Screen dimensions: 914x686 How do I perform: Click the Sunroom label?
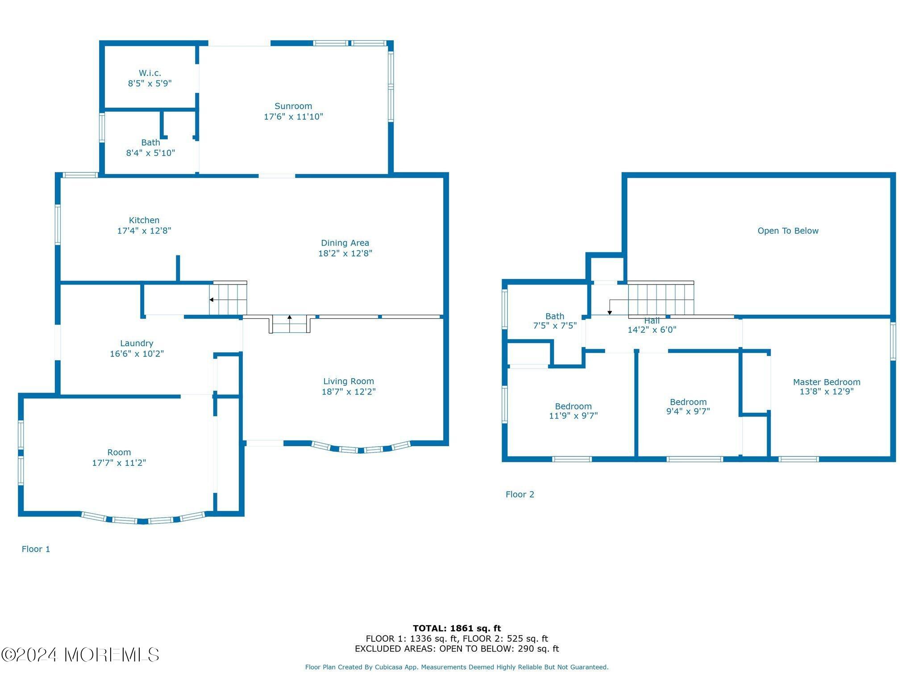(293, 106)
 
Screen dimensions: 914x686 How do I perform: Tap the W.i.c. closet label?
(150, 73)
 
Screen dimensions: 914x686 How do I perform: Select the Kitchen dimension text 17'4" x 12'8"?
(144, 231)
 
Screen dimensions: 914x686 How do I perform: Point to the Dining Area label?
(345, 243)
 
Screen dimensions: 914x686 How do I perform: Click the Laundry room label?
(137, 343)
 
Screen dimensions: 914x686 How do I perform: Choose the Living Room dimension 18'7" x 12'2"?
(349, 392)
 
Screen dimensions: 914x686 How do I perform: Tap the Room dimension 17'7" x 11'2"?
(119, 463)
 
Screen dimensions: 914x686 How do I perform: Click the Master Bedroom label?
(827, 382)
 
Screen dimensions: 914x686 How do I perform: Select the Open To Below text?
(788, 231)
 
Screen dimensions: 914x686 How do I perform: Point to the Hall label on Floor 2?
(652, 321)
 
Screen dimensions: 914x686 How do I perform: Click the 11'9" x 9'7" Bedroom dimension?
(573, 416)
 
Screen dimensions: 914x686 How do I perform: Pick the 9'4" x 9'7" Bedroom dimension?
(688, 411)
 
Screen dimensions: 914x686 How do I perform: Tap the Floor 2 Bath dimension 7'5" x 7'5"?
(555, 326)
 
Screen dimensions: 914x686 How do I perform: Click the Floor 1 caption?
(36, 549)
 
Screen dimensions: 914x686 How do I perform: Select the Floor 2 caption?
(520, 494)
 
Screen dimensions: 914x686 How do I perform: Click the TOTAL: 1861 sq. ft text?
(457, 629)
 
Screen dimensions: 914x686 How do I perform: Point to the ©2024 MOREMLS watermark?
(80, 655)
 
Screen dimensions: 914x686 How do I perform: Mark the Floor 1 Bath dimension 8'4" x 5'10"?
(150, 153)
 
